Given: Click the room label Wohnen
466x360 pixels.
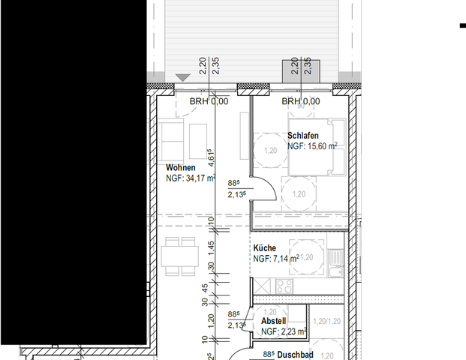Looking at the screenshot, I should click(181, 168).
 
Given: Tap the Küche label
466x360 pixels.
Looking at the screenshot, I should click(265, 248).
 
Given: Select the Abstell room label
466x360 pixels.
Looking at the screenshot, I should click(273, 320).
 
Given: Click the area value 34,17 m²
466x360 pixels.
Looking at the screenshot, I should click(197, 178).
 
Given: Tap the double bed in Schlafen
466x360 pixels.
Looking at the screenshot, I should click(314, 146).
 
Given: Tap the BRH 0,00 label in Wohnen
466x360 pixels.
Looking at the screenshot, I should click(208, 101).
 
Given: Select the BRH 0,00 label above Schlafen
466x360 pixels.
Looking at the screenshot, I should click(300, 101).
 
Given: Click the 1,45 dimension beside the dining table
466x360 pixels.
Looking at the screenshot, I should click(212, 246).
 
